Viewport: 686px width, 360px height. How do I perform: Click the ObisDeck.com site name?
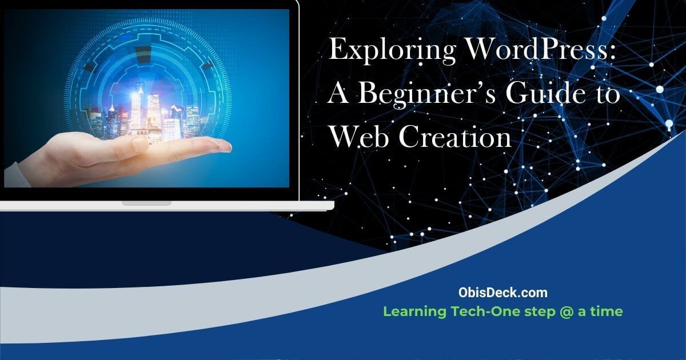pos(502,293)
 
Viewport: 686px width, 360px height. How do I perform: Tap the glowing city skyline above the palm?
pos(149,111)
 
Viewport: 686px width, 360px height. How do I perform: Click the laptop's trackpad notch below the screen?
pos(146,203)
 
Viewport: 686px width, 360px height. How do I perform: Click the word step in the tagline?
pos(535,313)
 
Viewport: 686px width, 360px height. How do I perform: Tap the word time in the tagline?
pos(607,312)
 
